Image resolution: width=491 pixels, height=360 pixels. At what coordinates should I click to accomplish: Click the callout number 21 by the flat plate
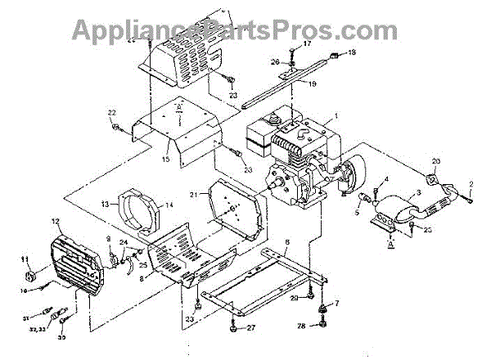coord(193,193)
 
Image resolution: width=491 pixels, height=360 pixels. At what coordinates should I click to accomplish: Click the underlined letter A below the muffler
coord(392,243)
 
